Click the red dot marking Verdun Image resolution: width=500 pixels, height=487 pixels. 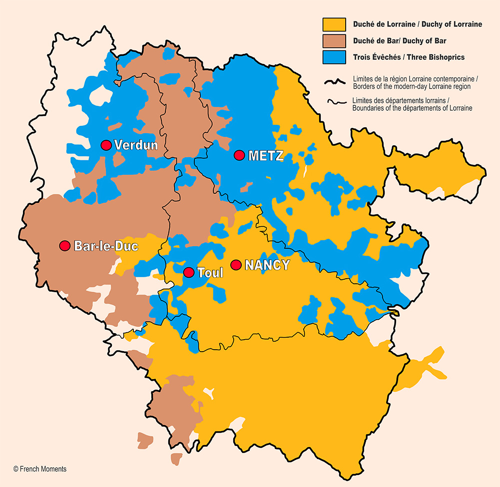point(105,145)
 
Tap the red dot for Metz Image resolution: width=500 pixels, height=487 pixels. point(239,155)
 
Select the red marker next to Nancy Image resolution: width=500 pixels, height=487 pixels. point(236,264)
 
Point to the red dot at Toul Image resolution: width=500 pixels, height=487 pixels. point(188,272)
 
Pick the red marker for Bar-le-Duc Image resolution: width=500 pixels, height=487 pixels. point(64,246)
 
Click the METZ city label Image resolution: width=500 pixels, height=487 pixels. point(266,156)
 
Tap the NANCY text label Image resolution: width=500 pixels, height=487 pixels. point(267,265)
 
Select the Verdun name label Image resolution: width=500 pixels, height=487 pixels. point(136,145)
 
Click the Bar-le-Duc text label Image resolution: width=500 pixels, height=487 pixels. point(106,246)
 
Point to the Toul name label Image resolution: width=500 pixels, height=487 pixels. point(210,273)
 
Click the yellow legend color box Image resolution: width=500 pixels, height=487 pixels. point(334,24)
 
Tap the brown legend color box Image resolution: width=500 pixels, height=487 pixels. point(334,40)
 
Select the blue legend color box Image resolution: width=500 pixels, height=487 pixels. point(334,57)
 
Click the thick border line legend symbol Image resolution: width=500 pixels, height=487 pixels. point(335,82)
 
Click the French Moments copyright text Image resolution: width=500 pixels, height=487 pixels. point(40,469)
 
